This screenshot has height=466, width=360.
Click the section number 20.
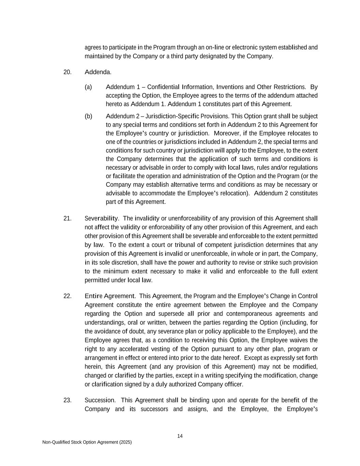point(67,72)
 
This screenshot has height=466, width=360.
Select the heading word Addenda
point(98,72)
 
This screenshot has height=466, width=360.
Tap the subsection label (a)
point(88,87)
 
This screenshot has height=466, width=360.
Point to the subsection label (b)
point(88,116)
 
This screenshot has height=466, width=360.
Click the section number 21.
point(67,218)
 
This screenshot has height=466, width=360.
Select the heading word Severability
point(101,218)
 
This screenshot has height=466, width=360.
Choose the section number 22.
point(67,296)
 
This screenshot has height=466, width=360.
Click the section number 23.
point(67,400)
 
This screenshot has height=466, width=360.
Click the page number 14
point(180,436)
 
